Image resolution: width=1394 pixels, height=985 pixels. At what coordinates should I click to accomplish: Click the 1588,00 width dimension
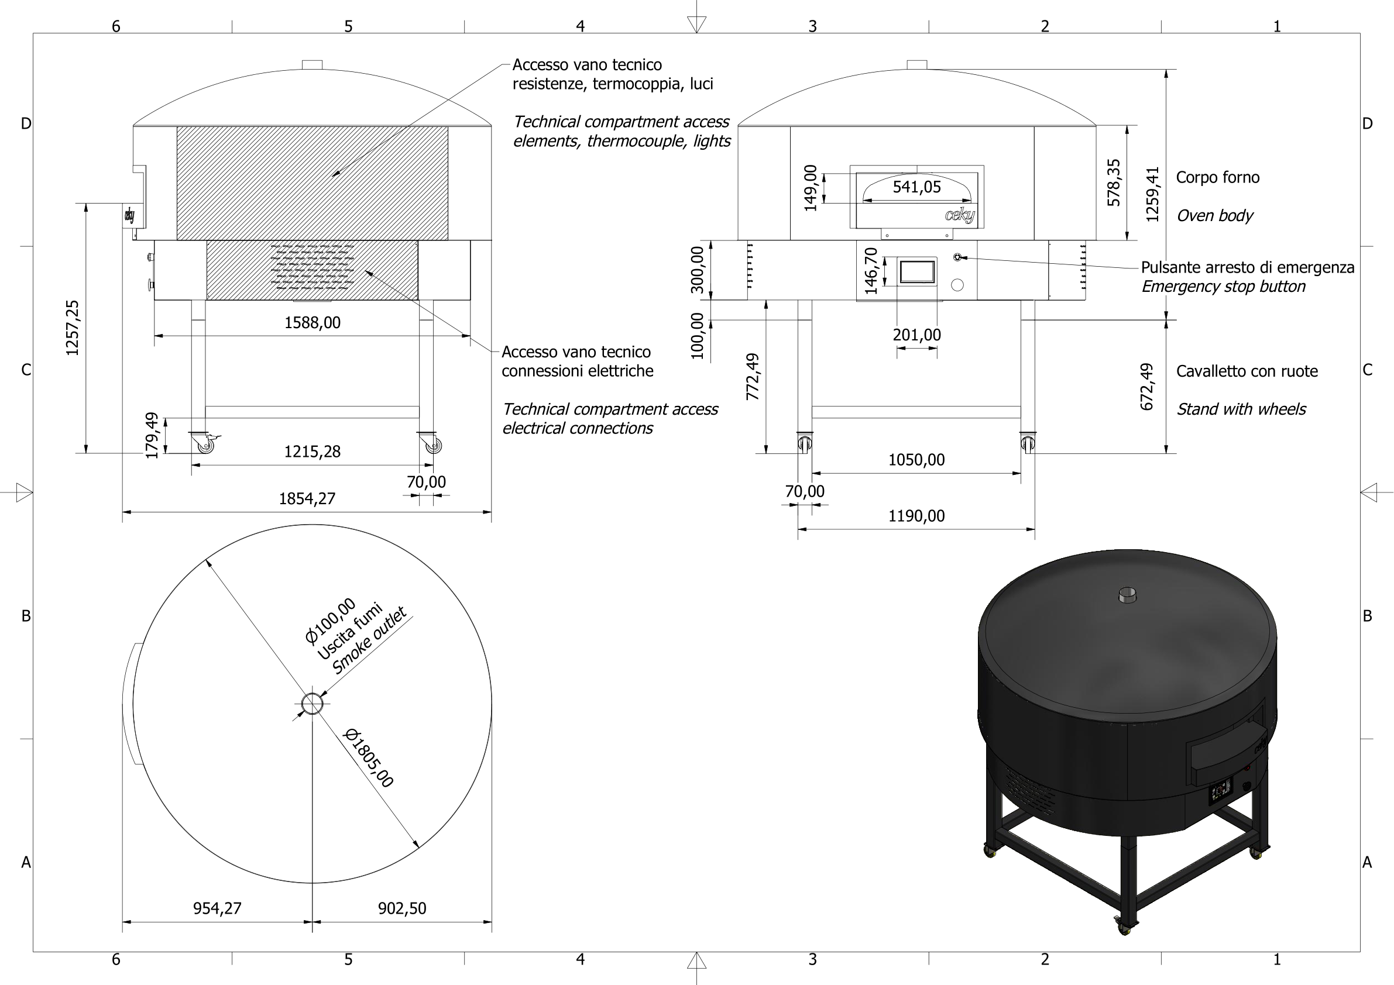tap(312, 322)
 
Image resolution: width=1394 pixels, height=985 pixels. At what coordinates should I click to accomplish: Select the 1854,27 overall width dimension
tap(307, 498)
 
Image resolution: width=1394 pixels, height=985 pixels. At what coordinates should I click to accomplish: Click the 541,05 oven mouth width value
tap(916, 187)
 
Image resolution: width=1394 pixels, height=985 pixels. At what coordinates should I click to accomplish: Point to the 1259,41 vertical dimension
tap(1152, 194)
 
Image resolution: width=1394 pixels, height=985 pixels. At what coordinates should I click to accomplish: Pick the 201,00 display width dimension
tap(916, 335)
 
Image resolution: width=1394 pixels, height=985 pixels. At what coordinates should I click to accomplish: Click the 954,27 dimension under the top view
tap(217, 908)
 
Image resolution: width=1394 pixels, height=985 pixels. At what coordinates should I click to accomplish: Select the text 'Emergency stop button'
tap(1223, 287)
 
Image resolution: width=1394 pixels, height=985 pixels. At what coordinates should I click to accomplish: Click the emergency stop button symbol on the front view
tap(957, 257)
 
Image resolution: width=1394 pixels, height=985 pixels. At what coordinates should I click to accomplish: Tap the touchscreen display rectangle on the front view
tap(917, 272)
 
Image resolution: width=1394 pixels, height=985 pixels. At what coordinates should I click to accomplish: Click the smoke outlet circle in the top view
tap(312, 704)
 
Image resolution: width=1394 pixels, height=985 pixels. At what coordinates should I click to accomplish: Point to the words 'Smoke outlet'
tap(369, 642)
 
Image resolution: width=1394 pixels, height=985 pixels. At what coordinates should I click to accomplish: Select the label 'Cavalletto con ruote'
tap(1247, 371)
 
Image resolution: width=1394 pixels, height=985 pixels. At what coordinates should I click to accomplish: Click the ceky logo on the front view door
tap(959, 215)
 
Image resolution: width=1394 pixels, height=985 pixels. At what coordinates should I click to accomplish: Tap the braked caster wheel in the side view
tap(205, 445)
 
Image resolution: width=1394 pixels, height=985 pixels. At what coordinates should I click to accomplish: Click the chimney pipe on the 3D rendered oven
tap(1128, 595)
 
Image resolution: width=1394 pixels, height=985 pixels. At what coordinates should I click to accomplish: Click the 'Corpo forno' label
tap(1217, 177)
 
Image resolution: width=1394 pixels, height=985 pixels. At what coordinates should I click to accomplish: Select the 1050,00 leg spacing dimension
tap(916, 460)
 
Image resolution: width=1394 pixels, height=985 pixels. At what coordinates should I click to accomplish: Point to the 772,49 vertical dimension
tap(752, 376)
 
